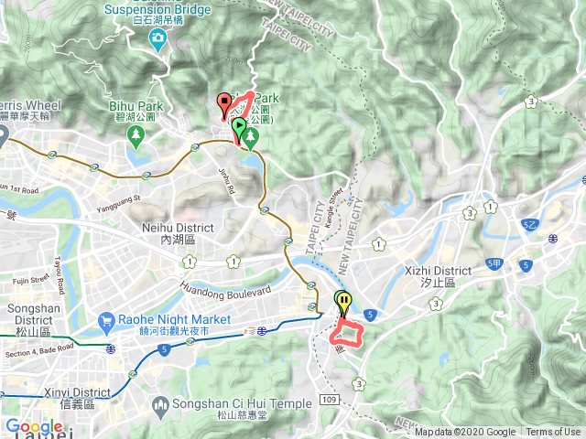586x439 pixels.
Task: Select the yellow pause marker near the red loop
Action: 342,301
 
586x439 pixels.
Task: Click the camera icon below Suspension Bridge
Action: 157,38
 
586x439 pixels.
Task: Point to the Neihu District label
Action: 178,232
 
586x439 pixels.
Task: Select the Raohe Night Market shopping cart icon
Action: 106,322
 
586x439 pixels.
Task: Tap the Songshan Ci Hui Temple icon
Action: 160,403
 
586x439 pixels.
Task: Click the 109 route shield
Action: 331,400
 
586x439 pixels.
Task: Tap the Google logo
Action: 34,427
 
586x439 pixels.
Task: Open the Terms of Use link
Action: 553,433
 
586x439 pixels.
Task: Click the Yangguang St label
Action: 123,197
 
